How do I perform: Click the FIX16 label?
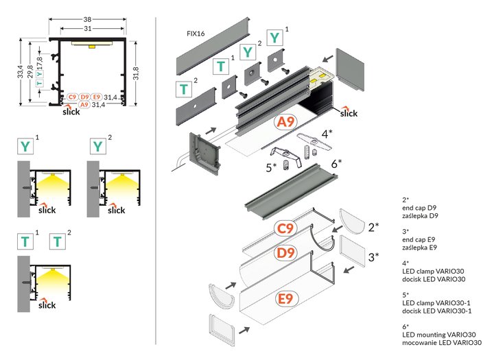[x=196, y=33]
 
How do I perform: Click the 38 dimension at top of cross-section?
[x=86, y=20]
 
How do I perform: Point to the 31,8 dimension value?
[x=136, y=73]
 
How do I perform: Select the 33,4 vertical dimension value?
[x=20, y=73]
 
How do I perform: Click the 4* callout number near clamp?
[x=328, y=133]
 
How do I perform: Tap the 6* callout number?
[x=336, y=163]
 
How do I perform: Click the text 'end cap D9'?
[x=420, y=208]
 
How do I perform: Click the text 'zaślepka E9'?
[x=420, y=247]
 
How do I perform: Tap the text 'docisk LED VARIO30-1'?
[x=437, y=311]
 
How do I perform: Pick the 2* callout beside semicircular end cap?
[x=373, y=226]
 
